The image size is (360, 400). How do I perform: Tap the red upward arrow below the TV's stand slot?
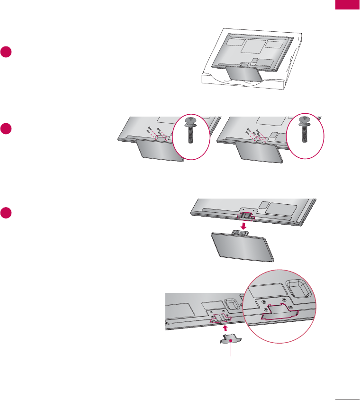pyautogui.click(x=225, y=327)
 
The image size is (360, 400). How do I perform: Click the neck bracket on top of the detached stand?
pyautogui.click(x=240, y=232)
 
